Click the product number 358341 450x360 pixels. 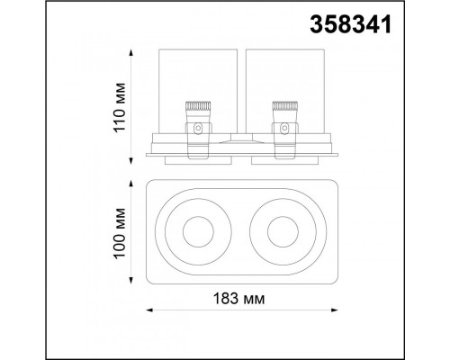point(351,25)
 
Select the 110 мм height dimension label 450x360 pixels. point(119,107)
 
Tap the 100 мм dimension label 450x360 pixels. point(119,232)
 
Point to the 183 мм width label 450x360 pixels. point(239,299)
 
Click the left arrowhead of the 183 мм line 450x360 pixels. point(149,310)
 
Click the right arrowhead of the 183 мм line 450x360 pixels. point(335,310)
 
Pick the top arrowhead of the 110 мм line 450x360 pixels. point(130,53)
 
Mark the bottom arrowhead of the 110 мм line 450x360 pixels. point(130,160)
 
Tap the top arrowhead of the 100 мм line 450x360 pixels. point(130,184)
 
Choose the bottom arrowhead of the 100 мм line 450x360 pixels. point(130,280)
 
